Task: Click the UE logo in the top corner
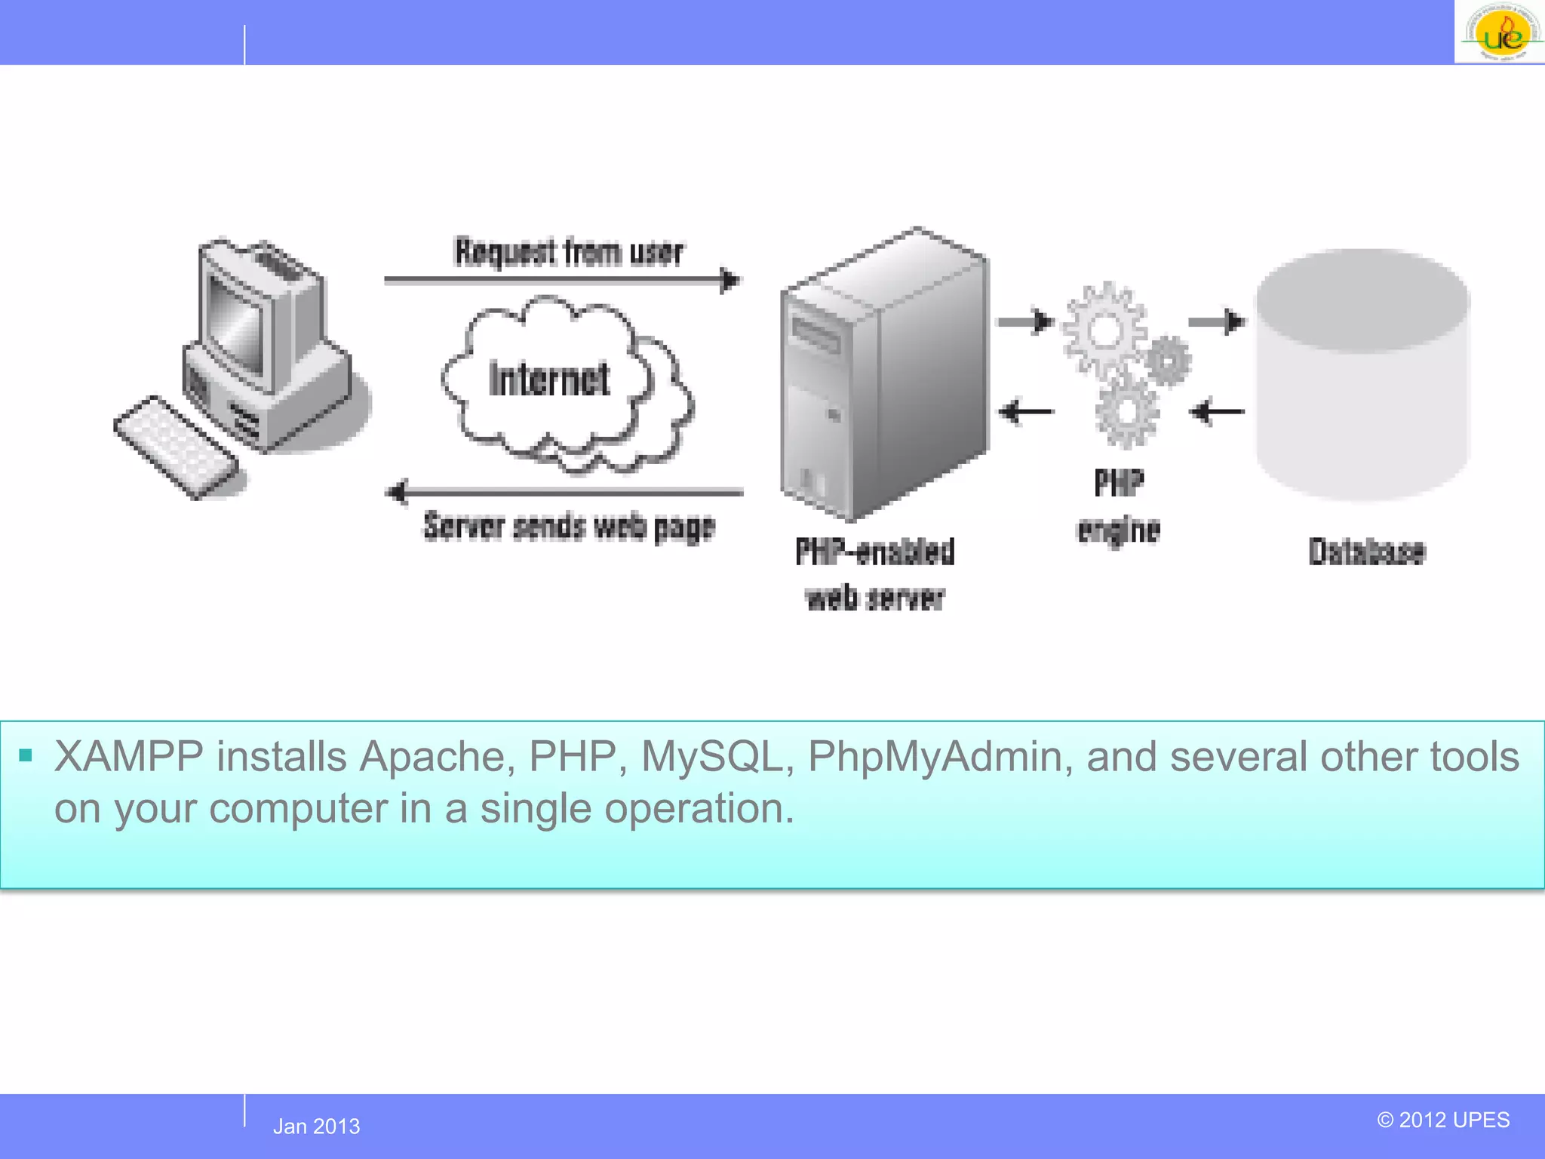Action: pyautogui.click(x=1500, y=32)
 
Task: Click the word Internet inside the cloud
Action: pyautogui.click(x=549, y=380)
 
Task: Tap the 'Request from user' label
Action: pyautogui.click(x=569, y=252)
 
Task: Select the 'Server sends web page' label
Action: pyautogui.click(x=569, y=526)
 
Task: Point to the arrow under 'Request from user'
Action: pyautogui.click(x=562, y=280)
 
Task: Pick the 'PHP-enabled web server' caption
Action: pyautogui.click(x=875, y=574)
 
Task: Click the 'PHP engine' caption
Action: pyautogui.click(x=1119, y=506)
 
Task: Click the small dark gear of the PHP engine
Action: pyautogui.click(x=1168, y=361)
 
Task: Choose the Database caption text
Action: pyautogui.click(x=1366, y=552)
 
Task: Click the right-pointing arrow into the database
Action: pyautogui.click(x=1217, y=322)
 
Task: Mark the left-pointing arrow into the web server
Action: pyautogui.click(x=1026, y=412)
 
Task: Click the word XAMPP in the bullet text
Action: pyautogui.click(x=129, y=757)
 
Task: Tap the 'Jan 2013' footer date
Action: pyautogui.click(x=316, y=1127)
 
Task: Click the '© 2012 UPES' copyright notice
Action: pyautogui.click(x=1443, y=1120)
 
